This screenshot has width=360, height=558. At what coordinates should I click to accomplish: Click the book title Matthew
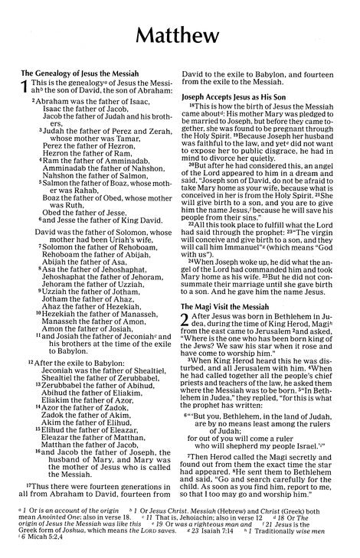coord(180,37)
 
